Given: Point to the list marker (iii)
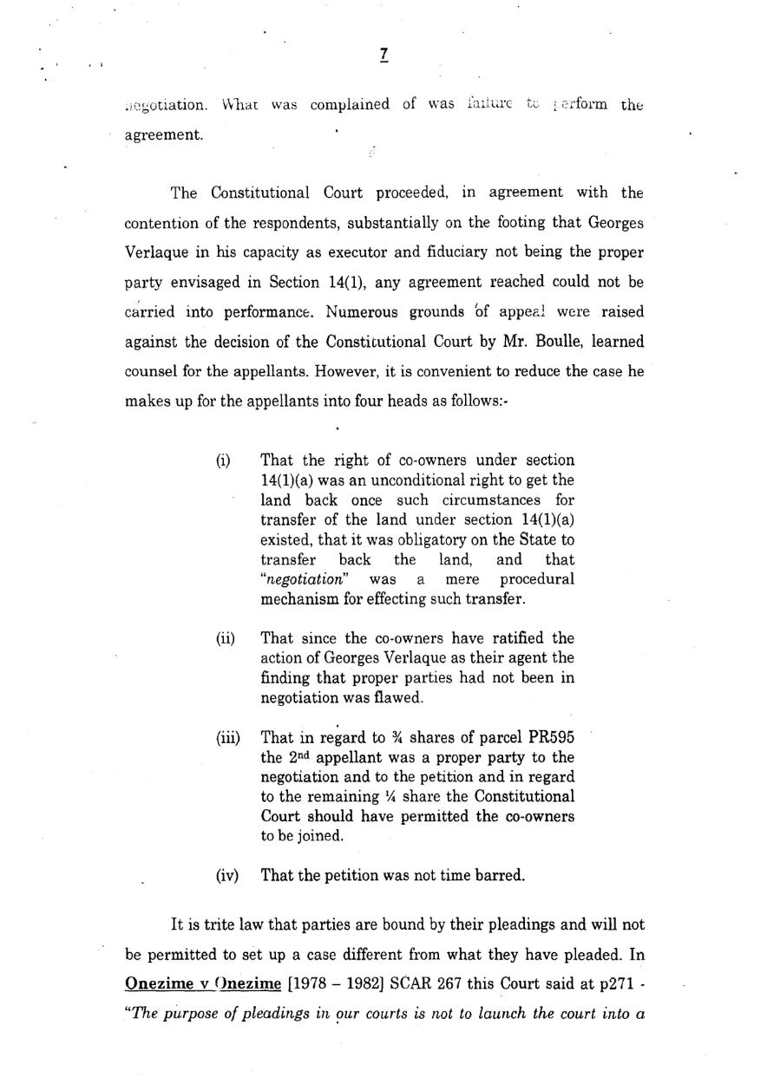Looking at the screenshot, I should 227,739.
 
